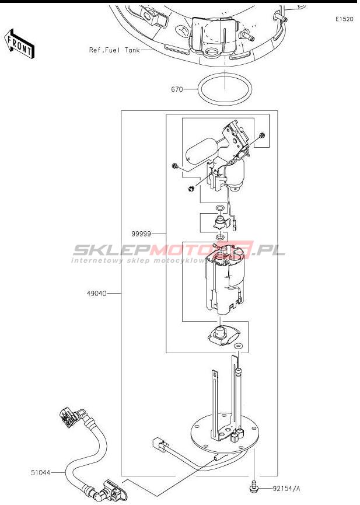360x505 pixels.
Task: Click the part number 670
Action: point(177,89)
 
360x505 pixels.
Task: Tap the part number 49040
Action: point(96,294)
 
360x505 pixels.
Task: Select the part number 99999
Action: point(141,234)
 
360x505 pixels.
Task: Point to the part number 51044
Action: point(41,472)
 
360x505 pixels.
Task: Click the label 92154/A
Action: point(286,489)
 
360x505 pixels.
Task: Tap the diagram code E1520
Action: point(344,19)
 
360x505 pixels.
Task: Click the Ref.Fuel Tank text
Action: point(114,50)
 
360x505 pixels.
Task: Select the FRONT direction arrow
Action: point(19,44)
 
